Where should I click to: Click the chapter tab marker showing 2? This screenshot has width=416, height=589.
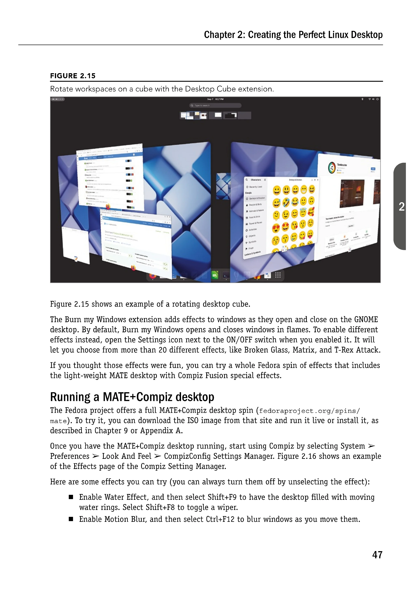[x=401, y=207]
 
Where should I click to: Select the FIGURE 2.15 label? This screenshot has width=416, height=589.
[x=73, y=76]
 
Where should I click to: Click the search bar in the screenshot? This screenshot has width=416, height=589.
[x=215, y=105]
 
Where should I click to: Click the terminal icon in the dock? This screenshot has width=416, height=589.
[x=226, y=276]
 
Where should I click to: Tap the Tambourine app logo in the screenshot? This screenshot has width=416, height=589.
[x=332, y=167]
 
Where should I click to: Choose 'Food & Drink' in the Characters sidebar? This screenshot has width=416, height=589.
[x=255, y=217]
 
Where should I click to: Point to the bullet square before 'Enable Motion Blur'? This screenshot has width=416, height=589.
[x=71, y=519]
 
